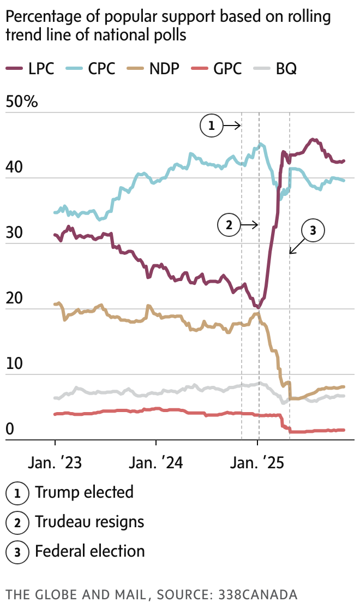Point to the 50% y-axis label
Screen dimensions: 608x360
[22, 102]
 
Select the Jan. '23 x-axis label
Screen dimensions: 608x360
[55, 463]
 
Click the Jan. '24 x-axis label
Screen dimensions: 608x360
[157, 463]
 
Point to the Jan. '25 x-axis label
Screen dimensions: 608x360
[258, 463]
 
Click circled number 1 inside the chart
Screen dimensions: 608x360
[212, 126]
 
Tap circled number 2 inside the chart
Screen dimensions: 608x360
[228, 224]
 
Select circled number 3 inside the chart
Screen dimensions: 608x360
[313, 231]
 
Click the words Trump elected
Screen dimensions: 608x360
[84, 492]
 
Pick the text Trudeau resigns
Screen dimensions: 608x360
[89, 522]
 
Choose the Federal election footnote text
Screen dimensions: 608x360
[90, 551]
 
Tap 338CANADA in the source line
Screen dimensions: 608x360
[256, 594]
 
